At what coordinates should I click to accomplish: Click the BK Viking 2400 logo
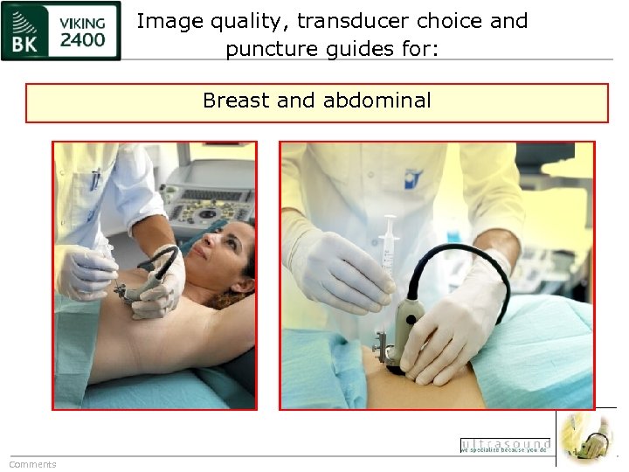60,31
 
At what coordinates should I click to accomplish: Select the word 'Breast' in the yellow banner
236,101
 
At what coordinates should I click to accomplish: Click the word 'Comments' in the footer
32,464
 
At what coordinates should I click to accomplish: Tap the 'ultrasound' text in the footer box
505,443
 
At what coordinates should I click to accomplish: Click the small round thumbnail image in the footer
586,437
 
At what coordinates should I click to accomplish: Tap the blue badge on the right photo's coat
412,180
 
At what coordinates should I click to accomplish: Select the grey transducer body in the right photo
406,323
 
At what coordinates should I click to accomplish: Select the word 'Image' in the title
166,21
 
